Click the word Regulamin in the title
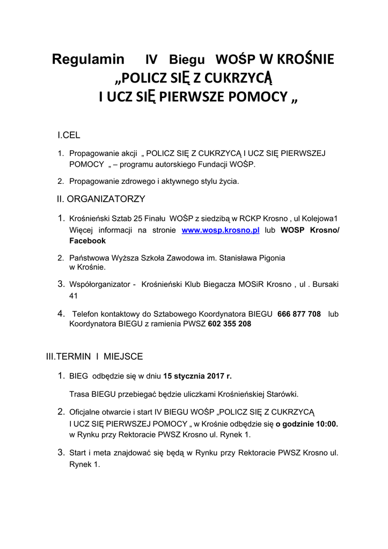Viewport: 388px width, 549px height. pyautogui.click(x=88, y=59)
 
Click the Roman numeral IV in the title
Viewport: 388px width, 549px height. pyautogui.click(x=152, y=60)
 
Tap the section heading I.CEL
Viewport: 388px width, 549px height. pyautogui.click(x=69, y=135)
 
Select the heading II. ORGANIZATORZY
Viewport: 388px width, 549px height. pyautogui.click(x=101, y=199)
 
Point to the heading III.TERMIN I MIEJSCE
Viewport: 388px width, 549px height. pyautogui.click(x=94, y=356)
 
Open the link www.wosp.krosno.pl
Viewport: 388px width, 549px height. pyautogui.click(x=221, y=230)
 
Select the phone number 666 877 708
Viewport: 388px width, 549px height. pyautogui.click(x=299, y=314)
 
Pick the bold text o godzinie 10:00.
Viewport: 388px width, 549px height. pyautogui.click(x=307, y=423)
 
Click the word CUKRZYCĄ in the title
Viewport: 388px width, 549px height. pyautogui.click(x=244, y=79)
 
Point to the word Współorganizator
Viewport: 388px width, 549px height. pyautogui.click(x=101, y=285)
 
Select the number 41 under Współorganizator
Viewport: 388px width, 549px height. pyautogui.click(x=74, y=296)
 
